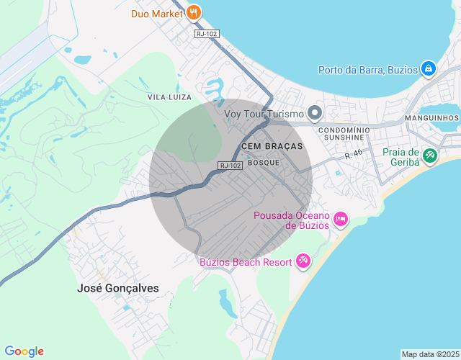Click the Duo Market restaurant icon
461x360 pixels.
[193, 13]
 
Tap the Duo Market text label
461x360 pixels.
[156, 13]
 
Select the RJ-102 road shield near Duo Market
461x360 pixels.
[206, 33]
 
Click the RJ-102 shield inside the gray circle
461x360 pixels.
[229, 166]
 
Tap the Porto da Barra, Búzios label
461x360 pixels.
[367, 70]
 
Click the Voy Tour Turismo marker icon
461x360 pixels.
[314, 113]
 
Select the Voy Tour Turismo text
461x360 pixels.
[264, 114]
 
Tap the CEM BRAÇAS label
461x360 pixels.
[272, 145]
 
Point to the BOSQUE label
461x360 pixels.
[263, 163]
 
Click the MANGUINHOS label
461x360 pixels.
[432, 118]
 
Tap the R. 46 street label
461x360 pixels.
[353, 154]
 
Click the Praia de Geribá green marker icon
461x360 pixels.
[430, 156]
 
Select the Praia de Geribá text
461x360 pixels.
[401, 156]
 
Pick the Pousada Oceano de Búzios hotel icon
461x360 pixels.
[340, 218]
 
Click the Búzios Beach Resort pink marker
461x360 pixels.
[303, 261]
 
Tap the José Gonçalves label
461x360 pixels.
[117, 288]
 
